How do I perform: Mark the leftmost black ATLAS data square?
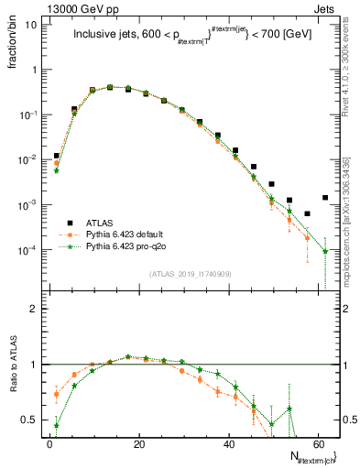pos(56,156)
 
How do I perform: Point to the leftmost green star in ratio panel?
pos(56,425)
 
